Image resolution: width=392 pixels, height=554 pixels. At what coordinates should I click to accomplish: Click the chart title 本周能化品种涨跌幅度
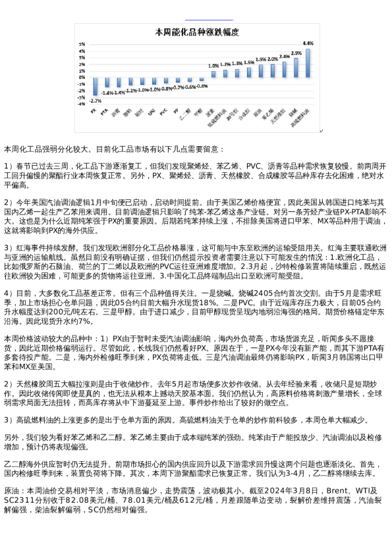point(196,32)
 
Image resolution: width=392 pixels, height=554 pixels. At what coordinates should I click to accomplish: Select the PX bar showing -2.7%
point(94,86)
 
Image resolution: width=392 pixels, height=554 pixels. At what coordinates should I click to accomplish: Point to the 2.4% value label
point(285,57)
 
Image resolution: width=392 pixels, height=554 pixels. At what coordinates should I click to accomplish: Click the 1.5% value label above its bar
point(249,63)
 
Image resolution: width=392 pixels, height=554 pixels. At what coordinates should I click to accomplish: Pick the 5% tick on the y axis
point(82,44)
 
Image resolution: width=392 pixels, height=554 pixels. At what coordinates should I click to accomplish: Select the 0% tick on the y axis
point(82,77)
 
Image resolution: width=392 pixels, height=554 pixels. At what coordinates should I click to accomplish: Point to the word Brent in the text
point(339,490)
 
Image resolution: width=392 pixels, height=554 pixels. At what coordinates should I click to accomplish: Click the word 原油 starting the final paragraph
point(12,490)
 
